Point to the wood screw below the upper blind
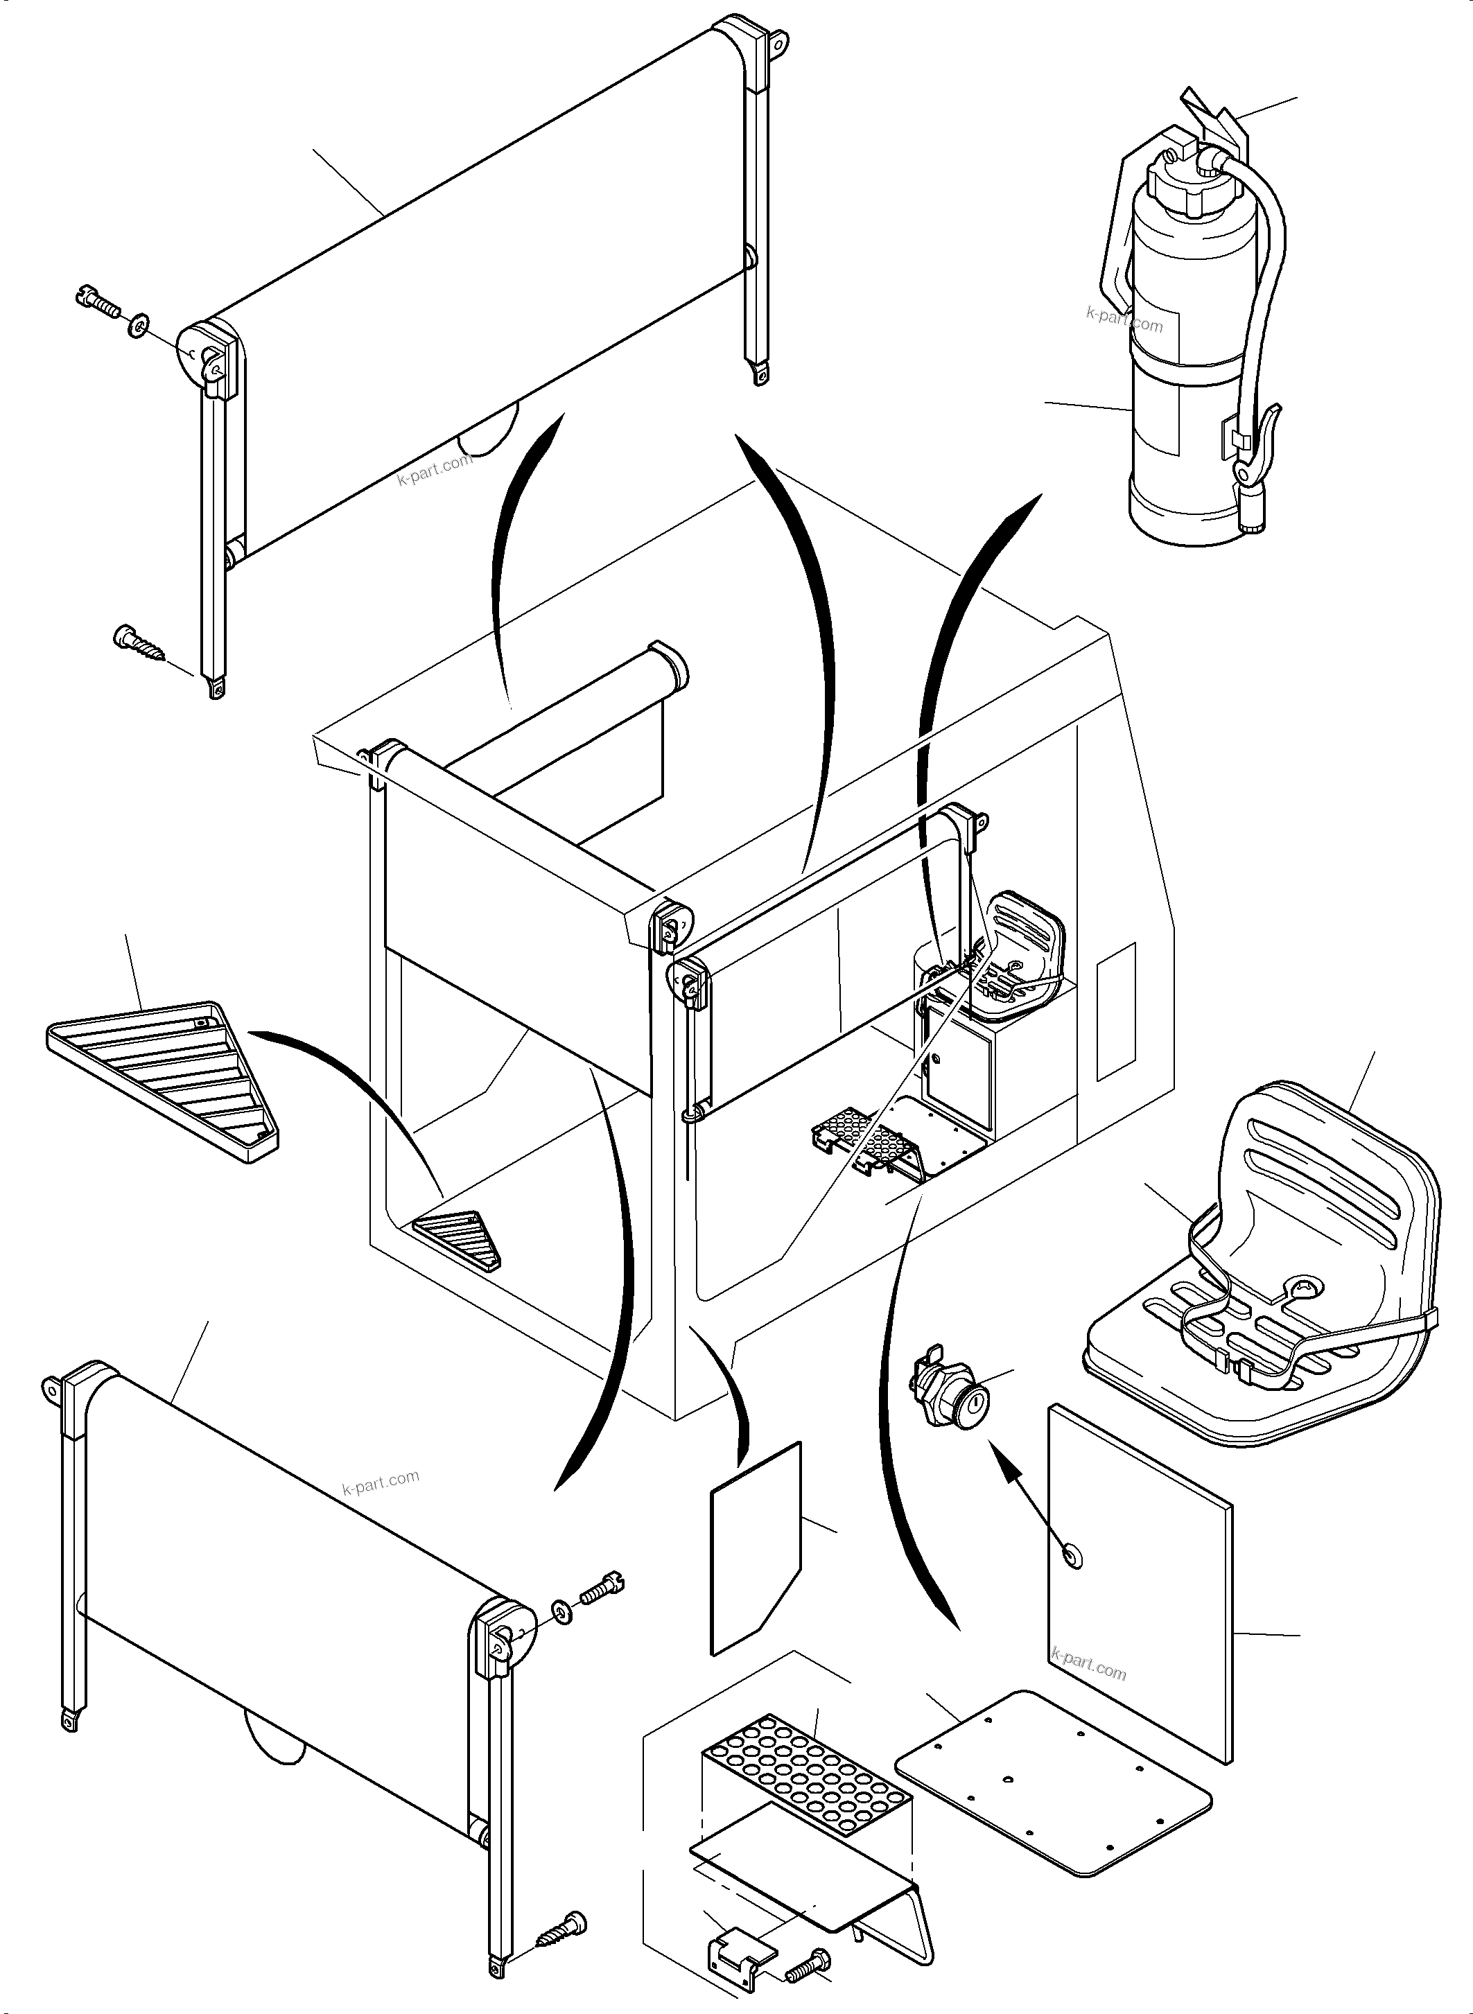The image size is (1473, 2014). (x=141, y=642)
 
